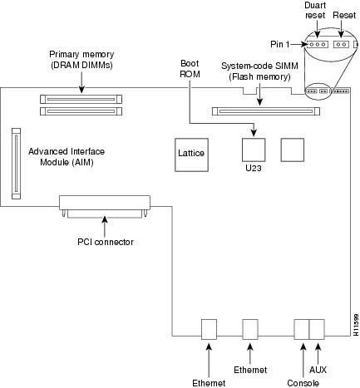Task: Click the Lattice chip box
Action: tap(191, 155)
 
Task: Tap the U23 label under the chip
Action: tap(254, 168)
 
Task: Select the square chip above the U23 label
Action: tap(254, 150)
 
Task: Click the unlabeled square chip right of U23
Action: tap(293, 150)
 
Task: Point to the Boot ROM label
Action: tap(190, 69)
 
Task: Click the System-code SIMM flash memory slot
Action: tap(266, 111)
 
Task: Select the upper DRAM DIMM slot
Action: tap(81, 99)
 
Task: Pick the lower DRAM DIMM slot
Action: tap(81, 111)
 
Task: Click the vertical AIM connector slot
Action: tap(17, 164)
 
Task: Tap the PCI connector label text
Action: tap(106, 242)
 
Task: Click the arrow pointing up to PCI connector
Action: tap(105, 227)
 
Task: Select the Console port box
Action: tap(302, 329)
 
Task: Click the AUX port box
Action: tap(317, 329)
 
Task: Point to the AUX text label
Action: tap(318, 370)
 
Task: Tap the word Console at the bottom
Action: tap(303, 383)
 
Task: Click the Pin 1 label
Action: tap(279, 44)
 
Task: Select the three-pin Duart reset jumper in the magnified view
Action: tap(318, 44)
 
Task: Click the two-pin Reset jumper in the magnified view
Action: tap(341, 44)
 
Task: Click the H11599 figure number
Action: tap(357, 325)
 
